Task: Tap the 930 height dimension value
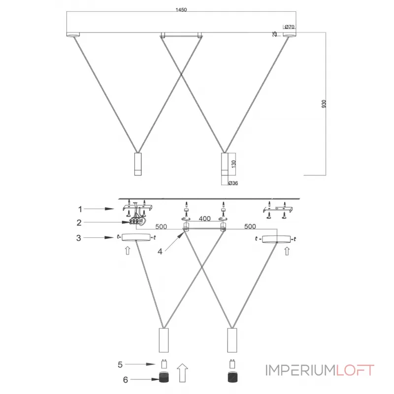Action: coord(324,104)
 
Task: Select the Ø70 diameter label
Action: coord(289,26)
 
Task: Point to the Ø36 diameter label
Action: coord(233,183)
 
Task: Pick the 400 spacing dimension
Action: coord(204,218)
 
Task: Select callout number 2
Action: coord(78,223)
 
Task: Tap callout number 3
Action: coord(78,238)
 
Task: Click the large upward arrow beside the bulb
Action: coord(182,372)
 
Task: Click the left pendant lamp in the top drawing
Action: coord(137,164)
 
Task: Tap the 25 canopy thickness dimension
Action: coord(275,34)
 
